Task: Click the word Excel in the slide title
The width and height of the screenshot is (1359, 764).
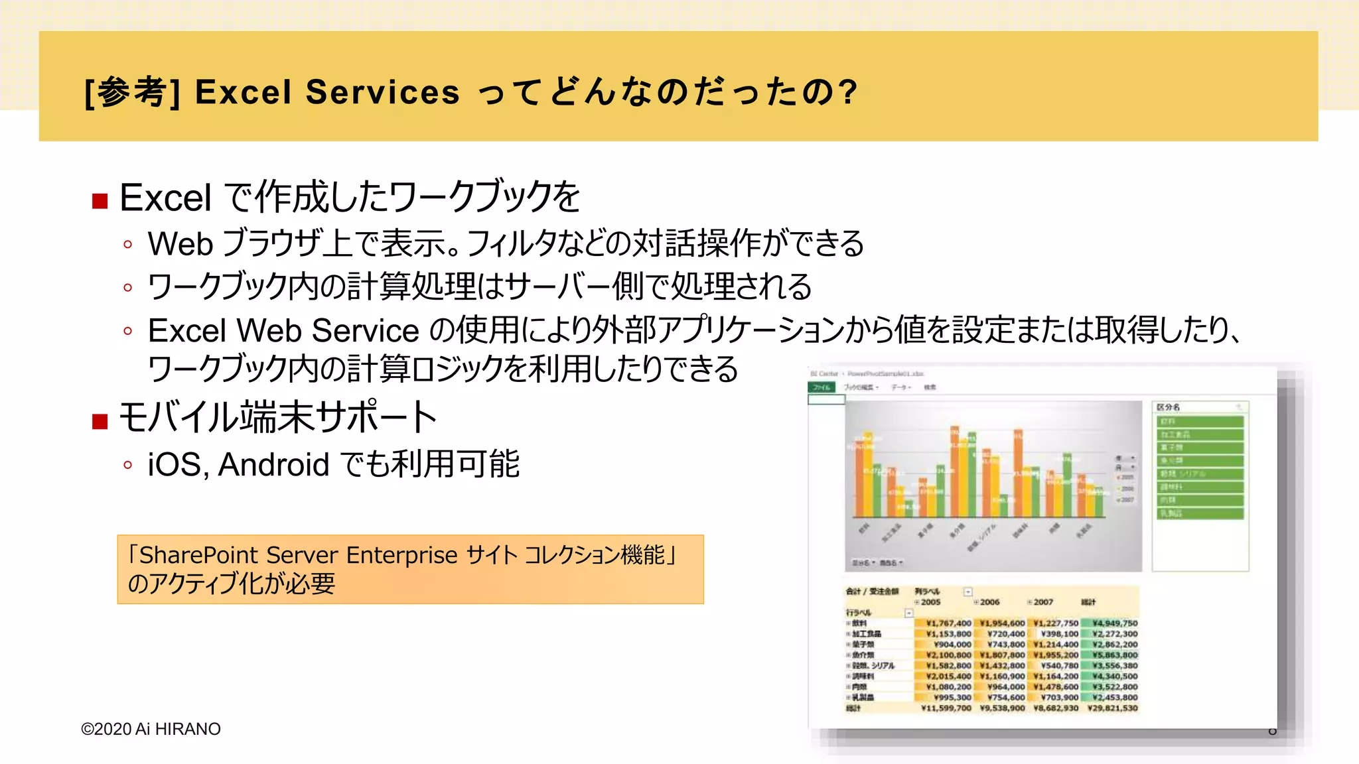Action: [242, 92]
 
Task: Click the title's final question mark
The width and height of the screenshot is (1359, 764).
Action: [847, 92]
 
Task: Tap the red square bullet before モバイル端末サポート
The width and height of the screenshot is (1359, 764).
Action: [100, 421]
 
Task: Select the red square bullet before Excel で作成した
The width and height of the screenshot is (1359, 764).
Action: [100, 201]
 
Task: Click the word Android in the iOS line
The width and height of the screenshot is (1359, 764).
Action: [273, 464]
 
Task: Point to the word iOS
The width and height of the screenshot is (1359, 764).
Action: [175, 464]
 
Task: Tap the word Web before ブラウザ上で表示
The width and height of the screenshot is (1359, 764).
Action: [180, 243]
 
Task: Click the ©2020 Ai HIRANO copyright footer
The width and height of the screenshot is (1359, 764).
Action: [151, 729]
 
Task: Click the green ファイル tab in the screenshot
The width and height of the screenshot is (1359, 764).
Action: [822, 387]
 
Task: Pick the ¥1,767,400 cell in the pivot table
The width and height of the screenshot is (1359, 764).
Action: [948, 623]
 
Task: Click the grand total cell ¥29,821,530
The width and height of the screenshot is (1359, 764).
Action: [1112, 708]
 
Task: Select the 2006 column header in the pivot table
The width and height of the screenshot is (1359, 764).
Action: [989, 602]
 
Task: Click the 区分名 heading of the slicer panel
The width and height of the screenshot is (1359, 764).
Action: [1168, 407]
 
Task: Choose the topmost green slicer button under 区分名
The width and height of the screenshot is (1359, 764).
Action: [1200, 422]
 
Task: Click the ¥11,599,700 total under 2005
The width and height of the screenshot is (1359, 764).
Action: [946, 708]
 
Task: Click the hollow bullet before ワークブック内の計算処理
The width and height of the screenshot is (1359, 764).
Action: [128, 288]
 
